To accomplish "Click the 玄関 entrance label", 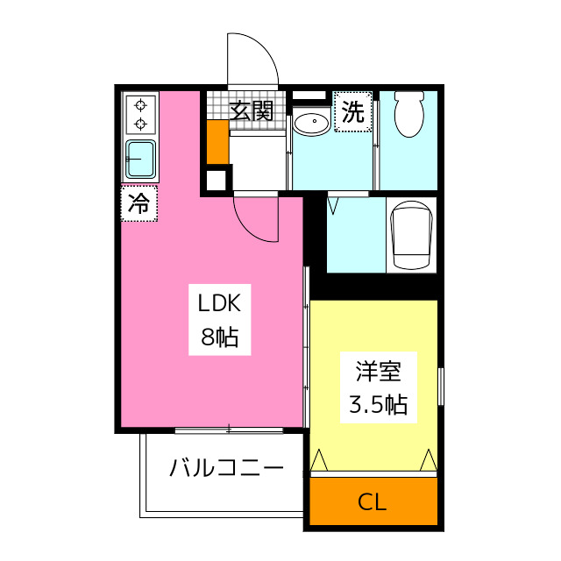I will [x=252, y=110].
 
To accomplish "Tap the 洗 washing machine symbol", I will [x=352, y=111].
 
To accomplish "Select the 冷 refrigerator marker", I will [x=138, y=204].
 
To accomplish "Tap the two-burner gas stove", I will [x=139, y=114].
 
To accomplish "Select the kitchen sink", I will [x=139, y=160].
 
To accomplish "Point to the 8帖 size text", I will [x=219, y=337].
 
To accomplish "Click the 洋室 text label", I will [x=379, y=371].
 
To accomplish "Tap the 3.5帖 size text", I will [x=379, y=404].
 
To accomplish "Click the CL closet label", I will [x=372, y=503].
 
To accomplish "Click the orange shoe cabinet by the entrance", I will [x=217, y=141].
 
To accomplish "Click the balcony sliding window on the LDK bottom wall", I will [x=230, y=430].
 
